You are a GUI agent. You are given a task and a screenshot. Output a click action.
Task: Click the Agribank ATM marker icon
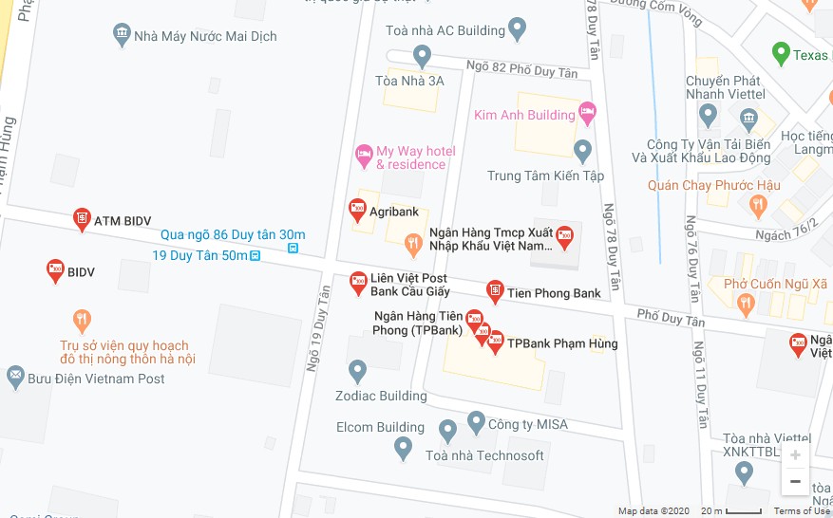tap(357, 210)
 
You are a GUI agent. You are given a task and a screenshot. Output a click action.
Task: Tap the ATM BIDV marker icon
tap(82, 219)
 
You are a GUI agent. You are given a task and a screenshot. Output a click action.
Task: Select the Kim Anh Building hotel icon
tap(587, 114)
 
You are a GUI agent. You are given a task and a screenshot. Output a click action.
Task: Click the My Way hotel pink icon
tap(363, 154)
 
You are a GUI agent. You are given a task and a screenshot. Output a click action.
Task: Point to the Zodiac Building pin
tap(357, 370)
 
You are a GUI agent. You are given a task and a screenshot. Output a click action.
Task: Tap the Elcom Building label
tap(380, 427)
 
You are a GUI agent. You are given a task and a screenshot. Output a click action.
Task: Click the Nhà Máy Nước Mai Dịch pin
tap(122, 35)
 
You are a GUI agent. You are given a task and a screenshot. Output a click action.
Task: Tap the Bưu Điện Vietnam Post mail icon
tap(16, 378)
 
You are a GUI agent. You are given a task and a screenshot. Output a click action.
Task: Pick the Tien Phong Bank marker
tap(494, 290)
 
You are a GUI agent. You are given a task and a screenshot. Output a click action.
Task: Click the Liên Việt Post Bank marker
tap(358, 281)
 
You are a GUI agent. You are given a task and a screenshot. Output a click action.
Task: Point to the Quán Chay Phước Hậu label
tap(713, 185)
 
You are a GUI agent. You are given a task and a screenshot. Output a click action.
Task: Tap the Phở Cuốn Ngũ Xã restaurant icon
tap(746, 304)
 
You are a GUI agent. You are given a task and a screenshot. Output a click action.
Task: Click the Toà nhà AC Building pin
tap(518, 29)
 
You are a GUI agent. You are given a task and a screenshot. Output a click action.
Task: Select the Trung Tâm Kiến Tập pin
tap(583, 150)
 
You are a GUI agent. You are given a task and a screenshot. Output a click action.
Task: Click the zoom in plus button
tap(795, 455)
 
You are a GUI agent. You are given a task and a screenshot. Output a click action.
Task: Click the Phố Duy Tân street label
tap(672, 318)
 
